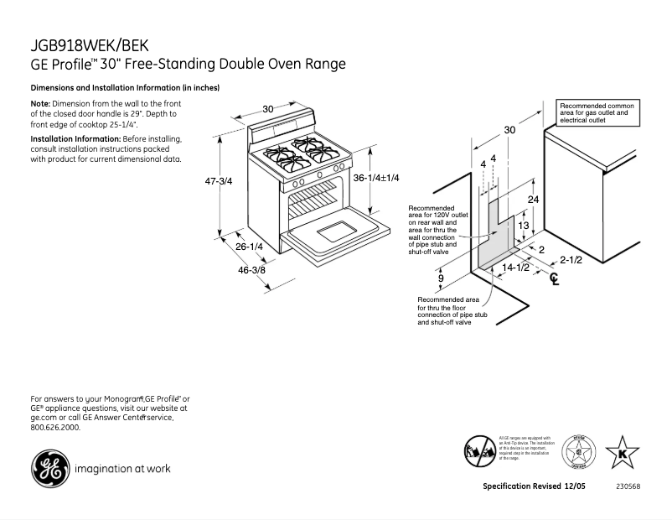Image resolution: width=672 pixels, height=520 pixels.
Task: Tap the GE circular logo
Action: (49, 468)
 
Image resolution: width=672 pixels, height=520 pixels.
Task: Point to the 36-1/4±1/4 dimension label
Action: (376, 178)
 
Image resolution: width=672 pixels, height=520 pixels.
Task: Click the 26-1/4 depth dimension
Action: (249, 247)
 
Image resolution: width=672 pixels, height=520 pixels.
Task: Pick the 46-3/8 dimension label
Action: (251, 269)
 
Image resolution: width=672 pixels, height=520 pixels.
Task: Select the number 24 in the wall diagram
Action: (533, 199)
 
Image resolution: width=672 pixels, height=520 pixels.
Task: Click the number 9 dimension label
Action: (441, 278)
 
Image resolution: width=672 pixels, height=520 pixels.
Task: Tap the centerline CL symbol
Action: (553, 279)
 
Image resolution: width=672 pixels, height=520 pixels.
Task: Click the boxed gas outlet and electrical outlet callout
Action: (598, 113)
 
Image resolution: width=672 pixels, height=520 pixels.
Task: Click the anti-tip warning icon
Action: (481, 450)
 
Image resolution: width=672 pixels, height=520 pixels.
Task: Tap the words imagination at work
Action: (122, 469)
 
